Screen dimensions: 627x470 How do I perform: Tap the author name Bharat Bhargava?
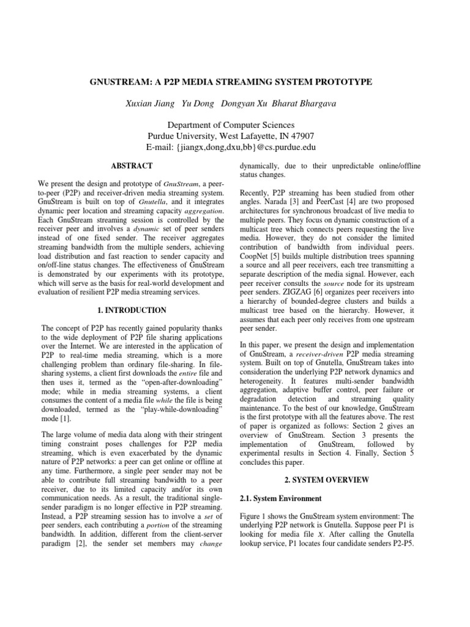pyautogui.click(x=310, y=103)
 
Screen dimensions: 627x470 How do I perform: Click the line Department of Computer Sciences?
pyautogui.click(x=235, y=125)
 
